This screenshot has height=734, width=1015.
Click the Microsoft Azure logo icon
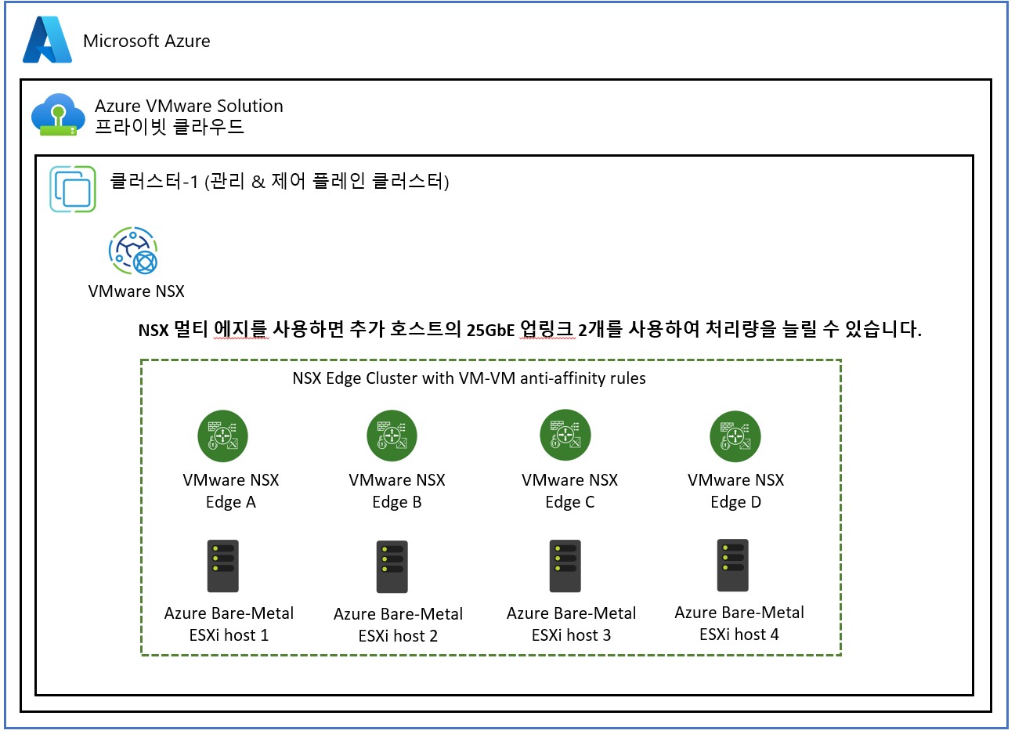click(47, 40)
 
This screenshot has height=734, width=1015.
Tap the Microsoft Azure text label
click(146, 41)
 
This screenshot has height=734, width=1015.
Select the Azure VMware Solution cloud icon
click(58, 115)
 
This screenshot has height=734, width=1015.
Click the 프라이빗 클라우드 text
click(169, 127)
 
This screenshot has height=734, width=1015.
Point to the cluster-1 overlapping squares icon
click(73, 189)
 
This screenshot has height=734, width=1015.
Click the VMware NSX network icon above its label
click(133, 251)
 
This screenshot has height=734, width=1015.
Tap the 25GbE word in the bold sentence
click(490, 330)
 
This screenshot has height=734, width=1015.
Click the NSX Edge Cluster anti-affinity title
click(468, 378)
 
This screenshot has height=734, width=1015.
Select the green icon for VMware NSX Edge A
click(222, 436)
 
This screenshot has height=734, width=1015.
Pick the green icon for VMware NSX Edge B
click(392, 436)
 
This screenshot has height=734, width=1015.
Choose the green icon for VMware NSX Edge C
click(565, 436)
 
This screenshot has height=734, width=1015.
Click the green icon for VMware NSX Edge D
click(735, 436)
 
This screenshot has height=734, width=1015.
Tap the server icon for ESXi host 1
click(222, 566)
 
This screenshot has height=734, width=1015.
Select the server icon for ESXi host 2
click(392, 566)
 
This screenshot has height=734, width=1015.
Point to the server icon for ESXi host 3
click(565, 566)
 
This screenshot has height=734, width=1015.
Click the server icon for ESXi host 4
click(733, 565)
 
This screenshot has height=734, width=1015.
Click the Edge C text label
click(569, 502)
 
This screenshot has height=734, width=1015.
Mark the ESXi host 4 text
click(739, 635)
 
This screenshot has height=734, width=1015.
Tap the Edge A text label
click(230, 502)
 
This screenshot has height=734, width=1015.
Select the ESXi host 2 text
click(398, 636)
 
